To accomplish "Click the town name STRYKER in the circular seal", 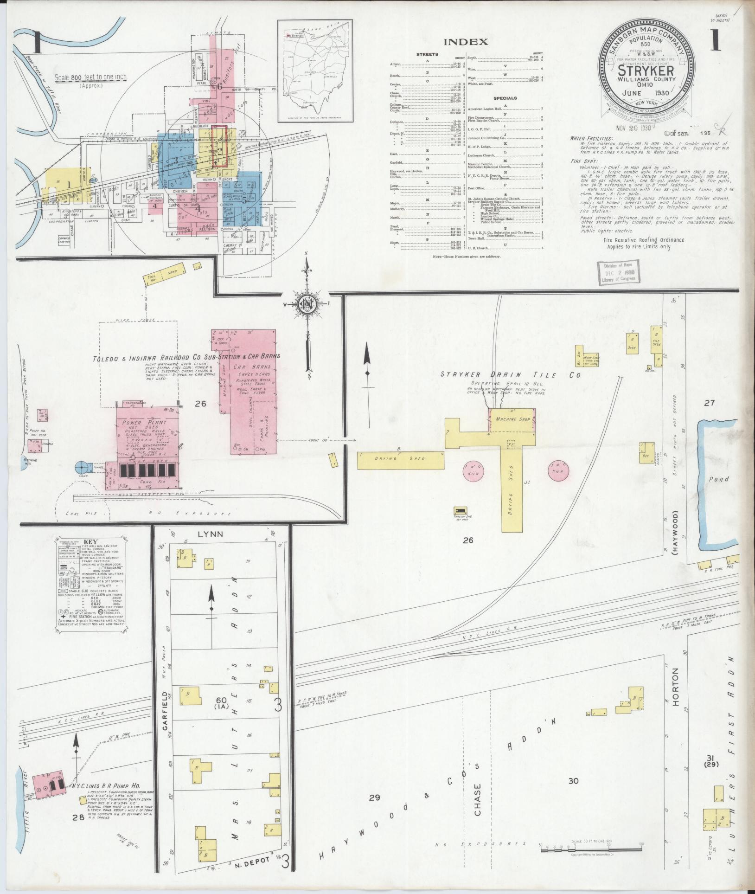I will tap(645, 71).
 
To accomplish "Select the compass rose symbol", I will tap(307, 304).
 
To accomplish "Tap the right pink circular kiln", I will tap(558, 470).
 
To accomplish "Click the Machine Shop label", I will tap(512, 419).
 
